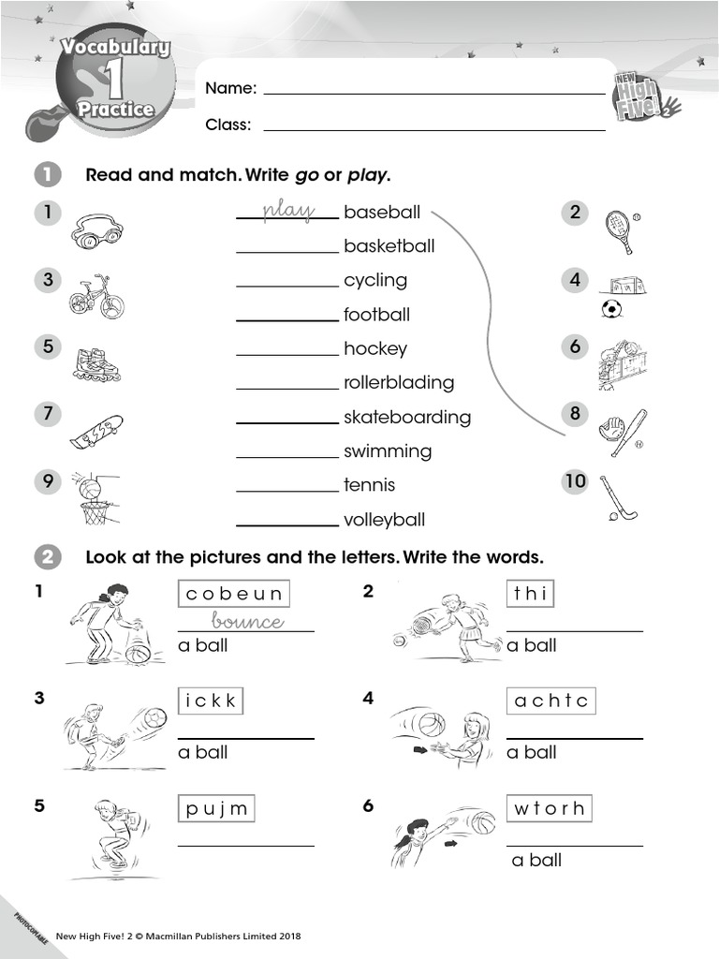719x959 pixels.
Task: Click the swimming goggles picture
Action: point(96,230)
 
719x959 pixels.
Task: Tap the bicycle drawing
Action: point(95,297)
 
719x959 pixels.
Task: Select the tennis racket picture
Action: point(620,229)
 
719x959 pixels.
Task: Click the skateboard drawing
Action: point(95,431)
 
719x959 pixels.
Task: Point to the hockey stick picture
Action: point(618,498)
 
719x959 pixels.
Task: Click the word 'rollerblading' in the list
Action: point(398,382)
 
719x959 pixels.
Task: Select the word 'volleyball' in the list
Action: point(384,519)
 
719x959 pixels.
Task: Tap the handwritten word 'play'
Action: point(287,211)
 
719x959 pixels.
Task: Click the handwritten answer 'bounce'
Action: point(247,622)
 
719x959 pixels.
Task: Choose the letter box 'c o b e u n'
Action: point(234,594)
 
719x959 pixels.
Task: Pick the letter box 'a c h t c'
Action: point(551,701)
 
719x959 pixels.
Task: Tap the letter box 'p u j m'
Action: point(216,808)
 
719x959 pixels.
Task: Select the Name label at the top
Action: point(230,88)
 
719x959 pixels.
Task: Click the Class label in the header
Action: point(228,125)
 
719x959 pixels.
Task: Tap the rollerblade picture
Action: point(96,364)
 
